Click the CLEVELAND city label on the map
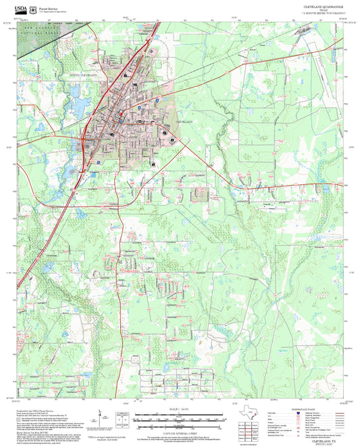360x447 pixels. pos(184,121)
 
